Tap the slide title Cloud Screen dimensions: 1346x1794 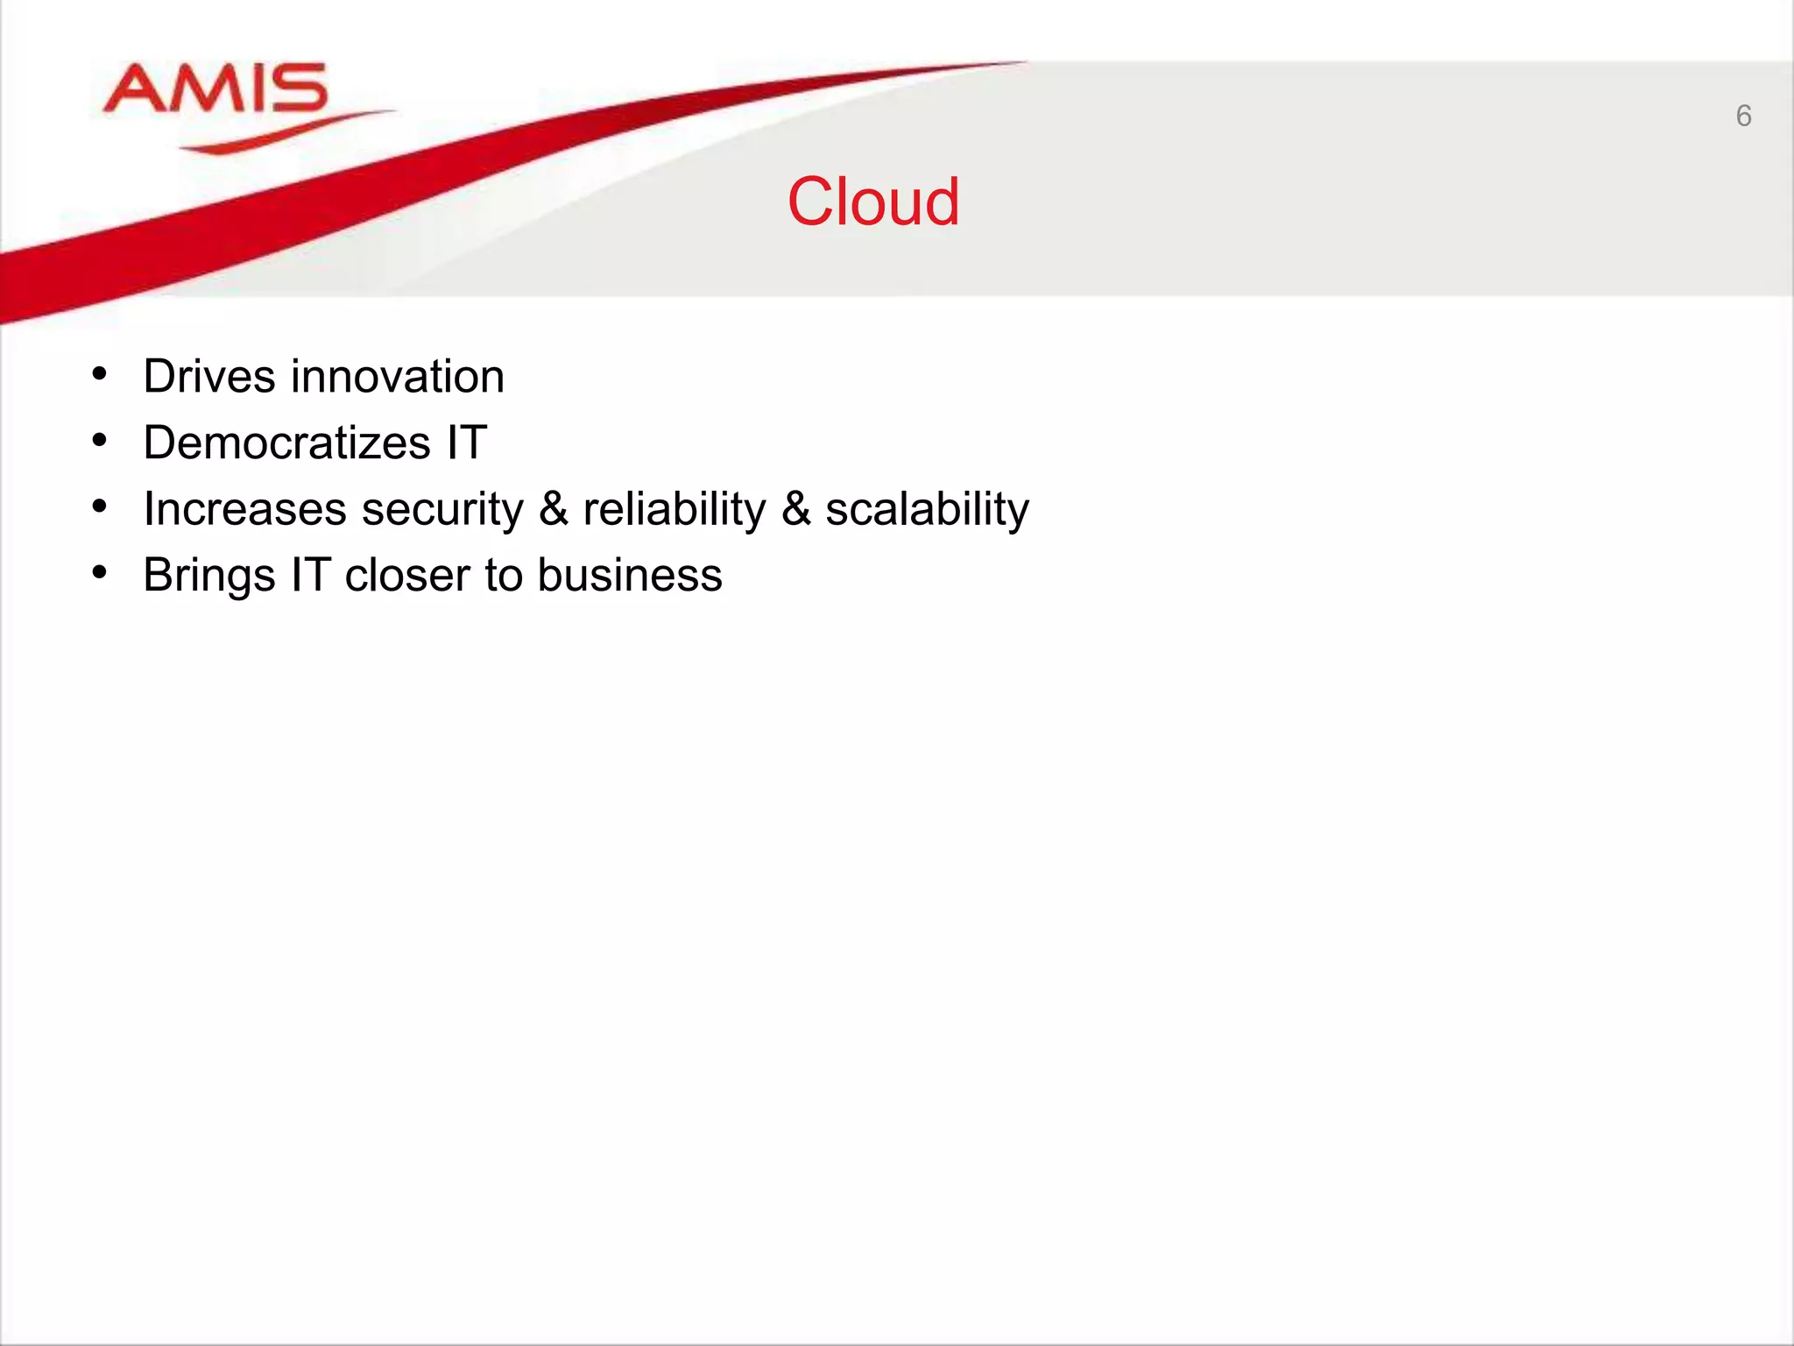tap(872, 202)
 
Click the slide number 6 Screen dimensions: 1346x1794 tap(1743, 116)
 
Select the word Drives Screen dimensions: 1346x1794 tap(209, 377)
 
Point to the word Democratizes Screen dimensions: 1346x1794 tap(286, 443)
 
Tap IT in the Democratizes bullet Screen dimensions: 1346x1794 tap(466, 443)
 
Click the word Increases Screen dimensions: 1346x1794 tap(244, 509)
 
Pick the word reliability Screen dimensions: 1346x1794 tap(674, 509)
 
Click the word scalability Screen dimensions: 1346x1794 tap(927, 509)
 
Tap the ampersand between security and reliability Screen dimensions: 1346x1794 tap(553, 509)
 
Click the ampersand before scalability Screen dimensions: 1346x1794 tap(795, 509)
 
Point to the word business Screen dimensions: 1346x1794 tap(629, 576)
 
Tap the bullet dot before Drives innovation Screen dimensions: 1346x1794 tap(100, 375)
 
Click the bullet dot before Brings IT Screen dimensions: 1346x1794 tap(100, 573)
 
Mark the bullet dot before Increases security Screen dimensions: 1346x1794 tap(100, 507)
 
